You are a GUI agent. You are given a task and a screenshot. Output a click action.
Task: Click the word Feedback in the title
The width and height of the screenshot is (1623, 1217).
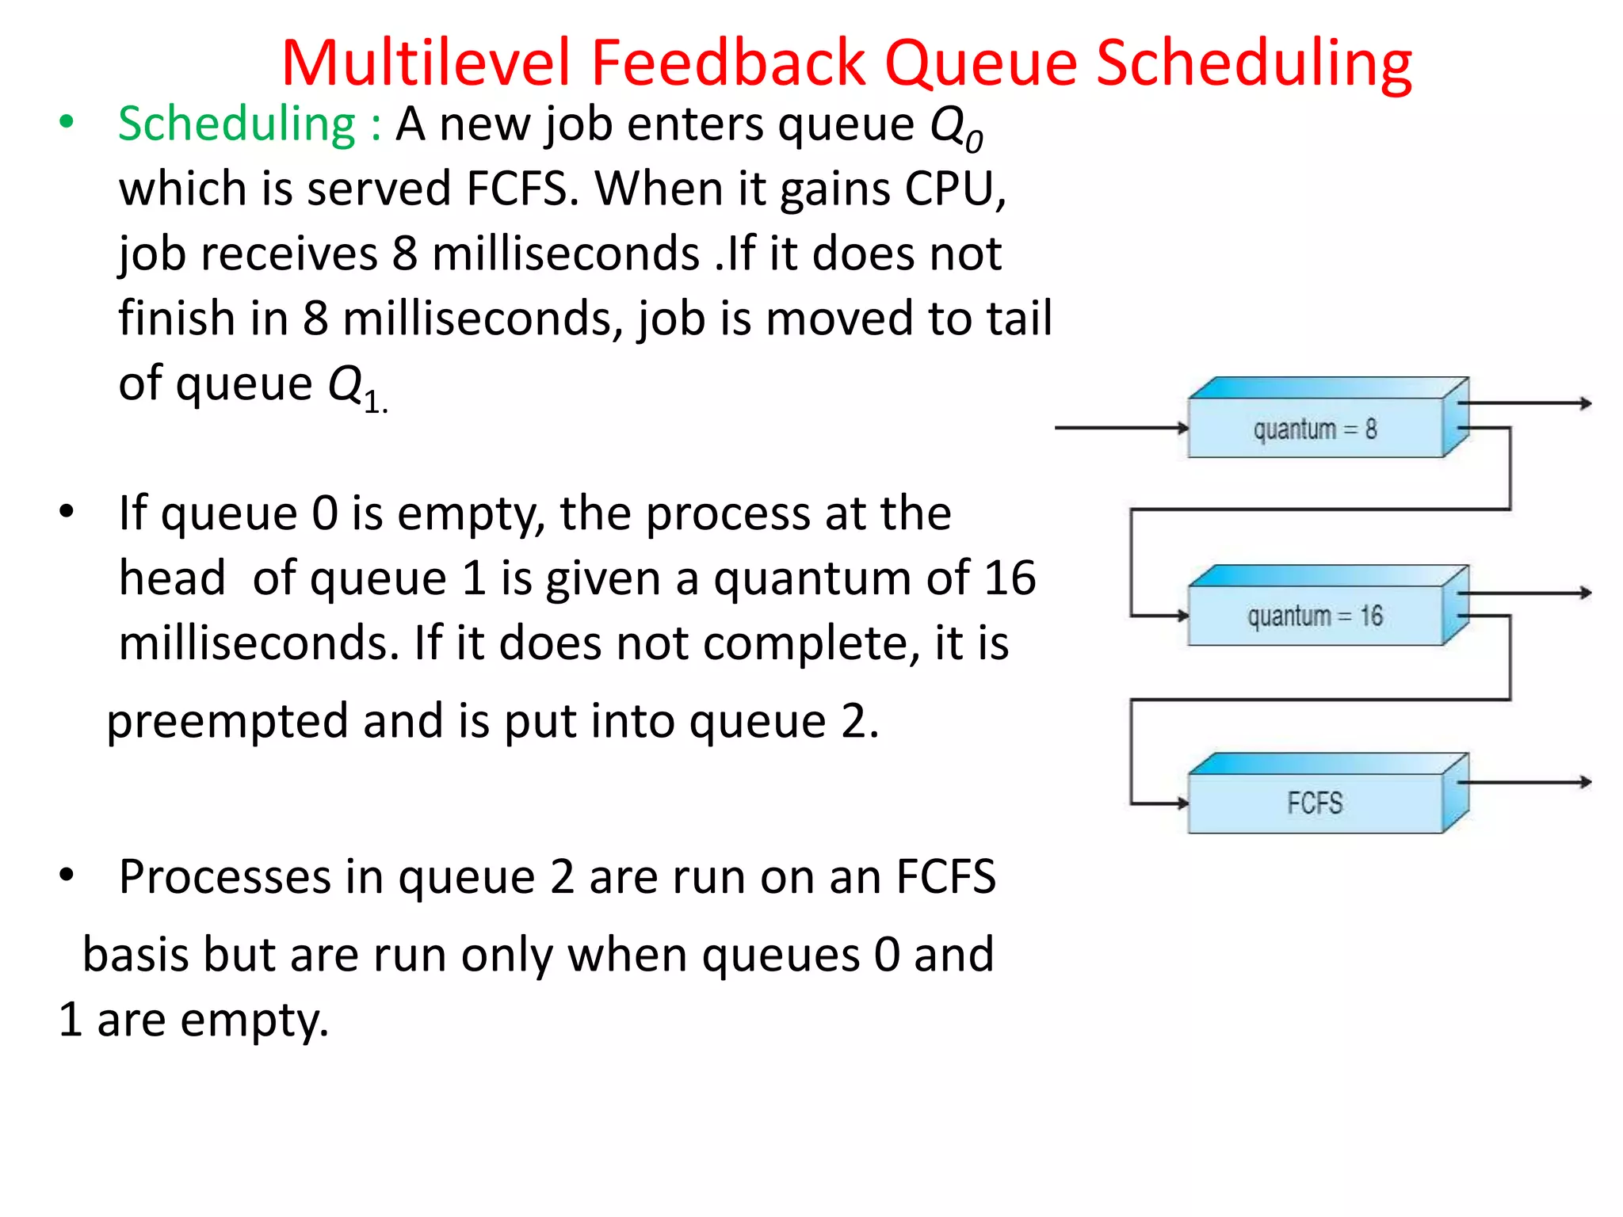727,63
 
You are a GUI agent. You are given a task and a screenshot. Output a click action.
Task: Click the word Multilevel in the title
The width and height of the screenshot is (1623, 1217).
426,63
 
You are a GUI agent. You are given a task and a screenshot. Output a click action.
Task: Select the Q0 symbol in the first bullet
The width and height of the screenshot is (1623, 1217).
956,128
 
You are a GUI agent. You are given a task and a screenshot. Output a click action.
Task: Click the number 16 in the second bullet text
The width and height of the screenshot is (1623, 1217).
1009,578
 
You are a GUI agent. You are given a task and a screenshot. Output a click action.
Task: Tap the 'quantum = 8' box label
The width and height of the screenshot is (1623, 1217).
1315,429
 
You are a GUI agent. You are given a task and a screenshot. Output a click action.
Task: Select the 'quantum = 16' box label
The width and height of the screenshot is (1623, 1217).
1315,616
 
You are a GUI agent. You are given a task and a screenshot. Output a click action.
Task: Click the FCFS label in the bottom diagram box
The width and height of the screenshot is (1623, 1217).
1315,803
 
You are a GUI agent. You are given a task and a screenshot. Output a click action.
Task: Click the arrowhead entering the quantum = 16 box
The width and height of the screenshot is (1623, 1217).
1182,616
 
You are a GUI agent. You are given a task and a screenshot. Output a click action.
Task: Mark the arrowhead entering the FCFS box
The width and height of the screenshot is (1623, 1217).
1182,803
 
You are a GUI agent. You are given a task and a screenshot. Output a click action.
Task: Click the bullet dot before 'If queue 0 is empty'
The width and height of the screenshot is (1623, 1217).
67,512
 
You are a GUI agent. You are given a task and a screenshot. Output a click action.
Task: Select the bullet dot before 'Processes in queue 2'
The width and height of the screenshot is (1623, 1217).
67,876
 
